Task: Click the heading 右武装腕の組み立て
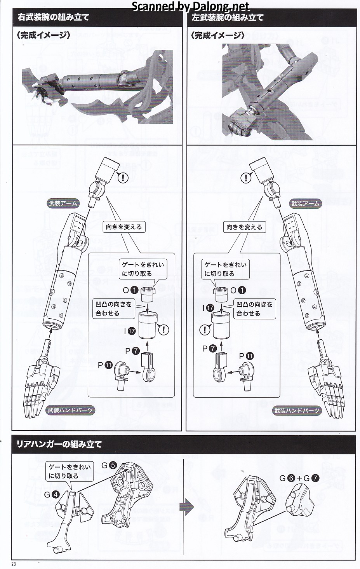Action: pos(53,17)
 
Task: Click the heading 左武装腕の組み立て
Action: pos(227,17)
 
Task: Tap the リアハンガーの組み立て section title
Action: pos(59,444)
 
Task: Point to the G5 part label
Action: pos(109,465)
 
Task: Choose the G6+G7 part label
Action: pos(299,478)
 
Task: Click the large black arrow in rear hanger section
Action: pos(186,507)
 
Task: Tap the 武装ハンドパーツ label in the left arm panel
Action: pos(297,410)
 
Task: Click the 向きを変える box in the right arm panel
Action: pos(124,227)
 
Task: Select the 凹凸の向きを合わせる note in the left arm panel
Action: pos(254,309)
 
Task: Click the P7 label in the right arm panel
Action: pos(132,351)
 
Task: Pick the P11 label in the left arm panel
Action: pos(246,356)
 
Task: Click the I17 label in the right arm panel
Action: pos(130,331)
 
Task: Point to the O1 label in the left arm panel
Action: pos(238,290)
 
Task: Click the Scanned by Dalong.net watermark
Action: pos(191,6)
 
